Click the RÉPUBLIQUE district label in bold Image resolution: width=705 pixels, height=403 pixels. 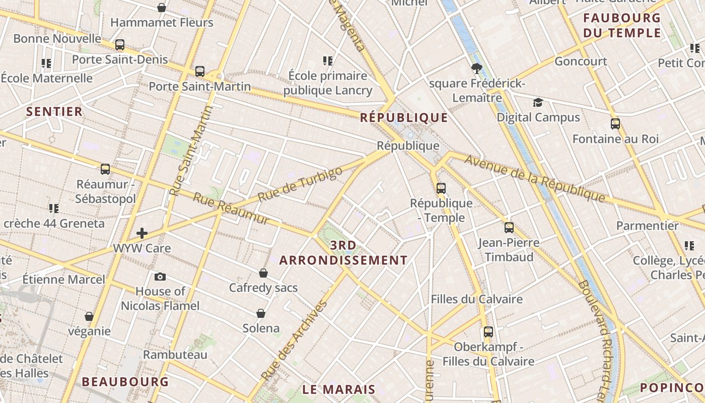pos(404,118)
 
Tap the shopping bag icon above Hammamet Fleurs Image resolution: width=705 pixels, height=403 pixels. pos(162,8)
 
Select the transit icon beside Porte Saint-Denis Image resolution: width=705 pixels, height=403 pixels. pos(120,45)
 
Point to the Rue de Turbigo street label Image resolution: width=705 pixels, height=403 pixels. pos(300,184)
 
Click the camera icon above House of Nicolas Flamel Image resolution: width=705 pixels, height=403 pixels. pos(160,277)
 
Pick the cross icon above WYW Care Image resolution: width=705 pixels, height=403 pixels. pos(142,233)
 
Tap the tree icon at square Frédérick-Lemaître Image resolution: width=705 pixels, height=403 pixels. pos(476,69)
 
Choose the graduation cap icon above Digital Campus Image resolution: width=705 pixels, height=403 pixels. pos(538,103)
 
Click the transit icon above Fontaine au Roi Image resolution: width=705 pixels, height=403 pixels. pos(615,124)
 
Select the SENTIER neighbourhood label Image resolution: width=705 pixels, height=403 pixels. pos(54,112)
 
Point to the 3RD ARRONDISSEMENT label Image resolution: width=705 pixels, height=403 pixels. pos(343,253)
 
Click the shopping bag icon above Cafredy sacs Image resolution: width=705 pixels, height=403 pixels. pos(263,273)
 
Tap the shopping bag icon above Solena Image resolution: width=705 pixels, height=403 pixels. pos(261,313)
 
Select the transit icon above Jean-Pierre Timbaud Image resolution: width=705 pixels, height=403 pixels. pos(509,228)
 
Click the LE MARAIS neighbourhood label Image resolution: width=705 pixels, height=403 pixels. pos(339,389)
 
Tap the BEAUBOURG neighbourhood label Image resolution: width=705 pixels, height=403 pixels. pos(125,382)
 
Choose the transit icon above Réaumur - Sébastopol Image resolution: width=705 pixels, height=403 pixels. pos(105,169)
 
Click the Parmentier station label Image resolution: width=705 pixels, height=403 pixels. pos(648,226)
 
